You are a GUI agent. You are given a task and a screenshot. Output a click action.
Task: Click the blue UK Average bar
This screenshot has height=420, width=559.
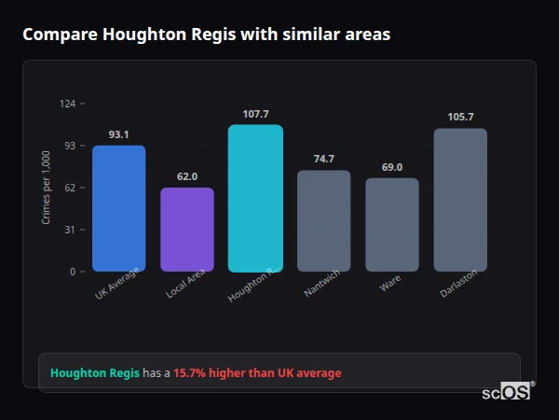coord(118,208)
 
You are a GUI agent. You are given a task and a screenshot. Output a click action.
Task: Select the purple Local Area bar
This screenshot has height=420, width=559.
coord(187,230)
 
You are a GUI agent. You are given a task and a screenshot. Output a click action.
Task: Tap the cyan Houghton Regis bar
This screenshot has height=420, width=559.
coord(255,198)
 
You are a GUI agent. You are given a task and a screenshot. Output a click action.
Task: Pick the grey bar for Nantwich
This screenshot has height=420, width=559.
coord(323,220)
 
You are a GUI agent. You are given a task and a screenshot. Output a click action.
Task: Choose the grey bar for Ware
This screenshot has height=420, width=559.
coord(392,224)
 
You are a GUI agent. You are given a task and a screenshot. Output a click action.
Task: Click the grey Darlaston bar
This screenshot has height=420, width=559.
coord(460,200)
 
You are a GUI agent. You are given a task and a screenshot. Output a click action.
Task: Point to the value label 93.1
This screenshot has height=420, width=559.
coord(118,134)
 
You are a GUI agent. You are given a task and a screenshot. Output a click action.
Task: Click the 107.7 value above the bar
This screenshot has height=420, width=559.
coord(255,114)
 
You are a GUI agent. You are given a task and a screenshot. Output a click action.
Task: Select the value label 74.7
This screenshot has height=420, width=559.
coord(323,159)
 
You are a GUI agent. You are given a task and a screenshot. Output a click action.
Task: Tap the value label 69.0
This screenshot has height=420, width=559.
coord(392,167)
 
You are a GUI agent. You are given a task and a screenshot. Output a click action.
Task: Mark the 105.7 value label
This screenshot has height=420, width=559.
coord(460,117)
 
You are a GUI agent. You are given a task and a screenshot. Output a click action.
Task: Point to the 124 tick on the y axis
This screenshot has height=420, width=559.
coord(67,104)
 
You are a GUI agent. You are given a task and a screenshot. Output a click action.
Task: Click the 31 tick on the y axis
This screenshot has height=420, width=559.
coord(70,230)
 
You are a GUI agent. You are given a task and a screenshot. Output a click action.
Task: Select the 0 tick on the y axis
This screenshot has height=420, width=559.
coord(72,272)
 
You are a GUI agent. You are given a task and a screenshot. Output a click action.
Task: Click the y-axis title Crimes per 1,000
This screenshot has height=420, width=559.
coord(47,188)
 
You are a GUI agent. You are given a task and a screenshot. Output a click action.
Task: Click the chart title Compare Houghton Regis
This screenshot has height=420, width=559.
coord(206,35)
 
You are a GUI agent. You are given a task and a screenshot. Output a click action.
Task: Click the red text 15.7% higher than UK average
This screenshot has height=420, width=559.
coord(257,373)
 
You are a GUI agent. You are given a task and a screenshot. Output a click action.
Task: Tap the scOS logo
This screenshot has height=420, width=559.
coord(507,393)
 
